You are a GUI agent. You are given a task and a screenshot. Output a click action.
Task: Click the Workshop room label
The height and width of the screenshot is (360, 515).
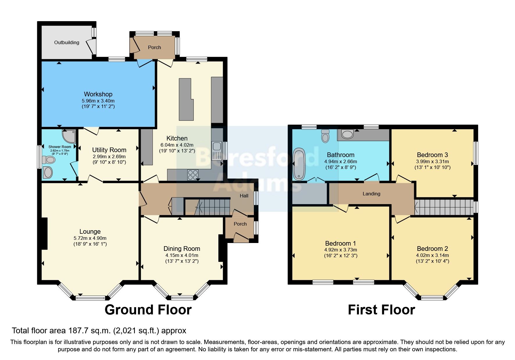[98, 94]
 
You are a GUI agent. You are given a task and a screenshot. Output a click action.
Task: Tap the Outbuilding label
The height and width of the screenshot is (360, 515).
[67, 42]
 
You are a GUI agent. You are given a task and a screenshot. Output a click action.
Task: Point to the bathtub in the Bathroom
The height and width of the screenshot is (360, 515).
[299, 164]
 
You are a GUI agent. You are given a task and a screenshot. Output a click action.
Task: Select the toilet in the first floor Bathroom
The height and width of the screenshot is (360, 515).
[325, 136]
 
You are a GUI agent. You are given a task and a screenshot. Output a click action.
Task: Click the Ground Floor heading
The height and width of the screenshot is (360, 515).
[148, 310]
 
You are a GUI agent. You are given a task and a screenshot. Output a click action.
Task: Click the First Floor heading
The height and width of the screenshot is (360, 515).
[381, 310]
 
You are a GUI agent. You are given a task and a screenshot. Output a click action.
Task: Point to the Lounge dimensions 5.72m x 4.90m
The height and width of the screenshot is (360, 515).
[90, 238]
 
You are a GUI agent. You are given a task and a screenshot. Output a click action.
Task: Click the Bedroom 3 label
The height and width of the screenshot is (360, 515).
[432, 155]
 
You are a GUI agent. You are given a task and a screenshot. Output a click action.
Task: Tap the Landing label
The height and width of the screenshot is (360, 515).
[371, 194]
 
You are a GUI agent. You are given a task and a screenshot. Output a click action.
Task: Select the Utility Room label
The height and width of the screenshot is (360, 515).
[109, 150]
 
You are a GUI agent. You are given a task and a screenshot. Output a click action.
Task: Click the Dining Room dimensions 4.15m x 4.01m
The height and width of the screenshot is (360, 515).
[182, 255]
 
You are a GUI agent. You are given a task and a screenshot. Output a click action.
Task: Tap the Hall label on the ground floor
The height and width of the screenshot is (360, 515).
[244, 196]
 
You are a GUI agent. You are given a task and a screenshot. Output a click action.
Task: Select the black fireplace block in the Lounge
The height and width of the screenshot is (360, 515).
[44, 233]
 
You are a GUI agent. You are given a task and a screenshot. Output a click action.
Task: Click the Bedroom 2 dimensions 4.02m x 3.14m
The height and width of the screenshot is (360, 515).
[432, 255]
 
